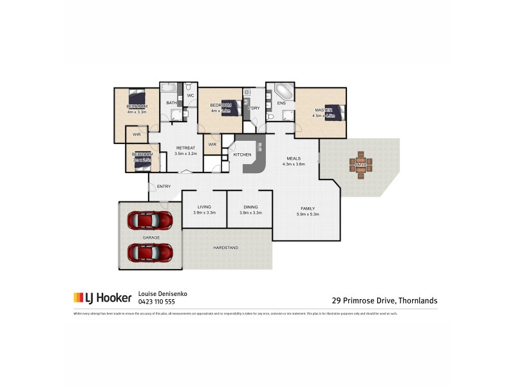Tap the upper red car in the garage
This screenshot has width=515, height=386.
(150, 221)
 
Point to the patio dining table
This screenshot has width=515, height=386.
(360, 165)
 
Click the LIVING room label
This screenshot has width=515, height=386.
(204, 207)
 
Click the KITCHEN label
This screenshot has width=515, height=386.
(242, 156)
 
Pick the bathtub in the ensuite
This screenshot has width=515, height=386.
(281, 90)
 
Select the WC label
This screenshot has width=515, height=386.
(191, 96)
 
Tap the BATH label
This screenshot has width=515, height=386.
(171, 102)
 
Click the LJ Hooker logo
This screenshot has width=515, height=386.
(102, 298)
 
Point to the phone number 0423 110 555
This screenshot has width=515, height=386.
(156, 302)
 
